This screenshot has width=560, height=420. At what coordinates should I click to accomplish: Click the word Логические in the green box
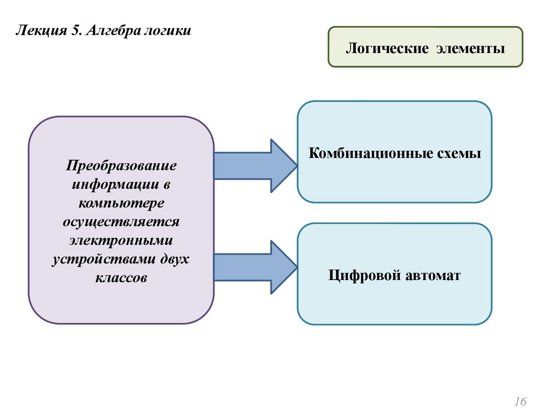coord(387,49)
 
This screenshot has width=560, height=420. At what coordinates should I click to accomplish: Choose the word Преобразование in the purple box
coord(122,165)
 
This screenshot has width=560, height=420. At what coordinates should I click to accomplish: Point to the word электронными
coord(121,240)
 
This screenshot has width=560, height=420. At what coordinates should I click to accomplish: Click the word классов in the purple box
coord(121,277)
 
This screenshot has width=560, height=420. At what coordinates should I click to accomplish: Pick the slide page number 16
coord(520,402)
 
